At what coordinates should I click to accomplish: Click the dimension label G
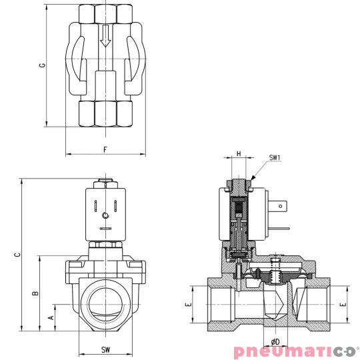coord(42,65)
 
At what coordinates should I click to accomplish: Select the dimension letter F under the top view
coord(105,149)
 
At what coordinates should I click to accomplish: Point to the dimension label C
coord(18,254)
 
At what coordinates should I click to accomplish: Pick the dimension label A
coord(51,318)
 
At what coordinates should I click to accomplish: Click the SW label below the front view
coord(105,349)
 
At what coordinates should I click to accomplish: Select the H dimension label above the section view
coord(239,154)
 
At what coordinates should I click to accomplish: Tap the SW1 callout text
coord(275,158)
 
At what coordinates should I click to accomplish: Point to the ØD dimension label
coord(275,341)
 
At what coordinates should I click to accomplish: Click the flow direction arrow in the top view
coord(105,39)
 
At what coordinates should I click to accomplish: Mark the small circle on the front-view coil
coord(105,215)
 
